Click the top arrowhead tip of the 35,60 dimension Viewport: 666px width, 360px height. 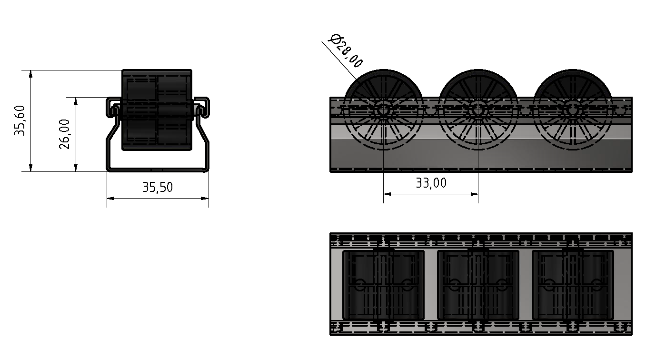coord(30,70)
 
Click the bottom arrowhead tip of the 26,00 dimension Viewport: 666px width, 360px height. coord(76,171)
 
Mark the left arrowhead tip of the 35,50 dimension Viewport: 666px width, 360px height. coord(107,198)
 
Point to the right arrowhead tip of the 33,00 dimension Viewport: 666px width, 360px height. coord(478,194)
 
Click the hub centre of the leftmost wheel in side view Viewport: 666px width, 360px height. coord(383,110)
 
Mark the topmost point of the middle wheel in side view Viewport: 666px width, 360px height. coord(478,70)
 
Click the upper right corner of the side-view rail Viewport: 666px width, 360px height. coord(632,97)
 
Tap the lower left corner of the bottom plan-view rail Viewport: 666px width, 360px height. coord(330,335)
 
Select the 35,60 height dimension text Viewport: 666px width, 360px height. coord(20,120)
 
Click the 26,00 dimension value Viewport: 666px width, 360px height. coord(65,134)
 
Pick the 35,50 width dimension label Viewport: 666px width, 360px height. coord(158,187)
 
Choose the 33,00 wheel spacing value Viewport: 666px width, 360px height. coord(431,183)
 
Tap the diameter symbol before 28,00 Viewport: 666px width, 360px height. coord(334,39)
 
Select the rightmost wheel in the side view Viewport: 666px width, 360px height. coord(573,110)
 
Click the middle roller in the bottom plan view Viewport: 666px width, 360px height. coord(478,285)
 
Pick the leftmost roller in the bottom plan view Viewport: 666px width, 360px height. coord(384,285)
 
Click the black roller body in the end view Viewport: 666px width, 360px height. coord(157,110)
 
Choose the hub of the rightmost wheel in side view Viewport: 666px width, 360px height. coord(573,110)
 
